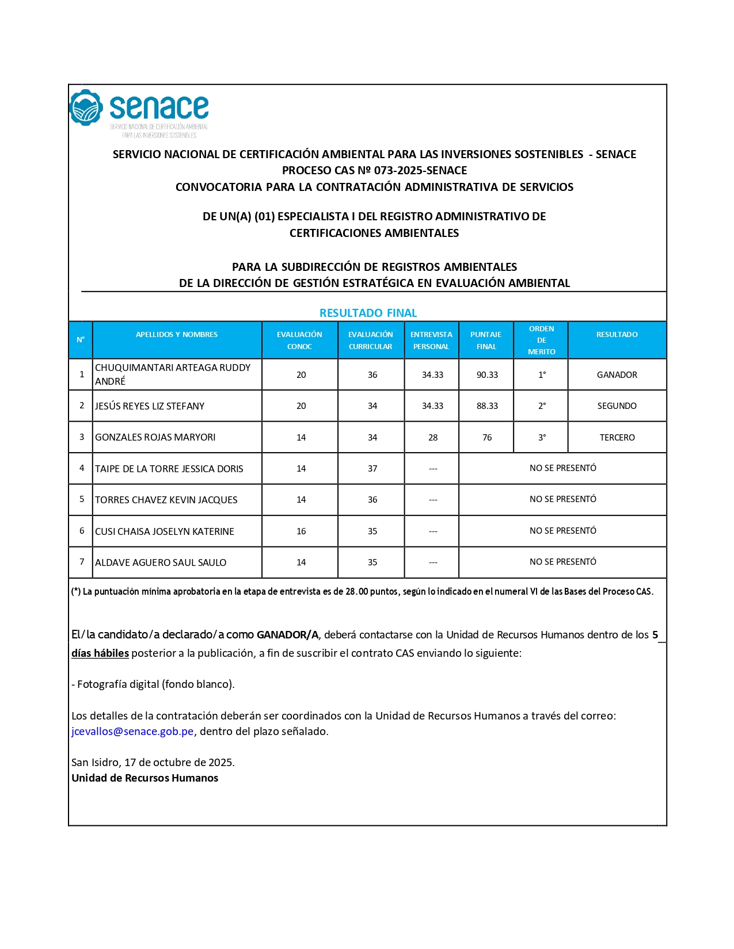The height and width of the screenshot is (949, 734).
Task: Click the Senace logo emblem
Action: coord(86,108)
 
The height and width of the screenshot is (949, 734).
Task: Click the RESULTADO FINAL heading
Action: coord(368,313)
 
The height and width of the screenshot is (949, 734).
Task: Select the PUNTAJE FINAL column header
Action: coord(486,340)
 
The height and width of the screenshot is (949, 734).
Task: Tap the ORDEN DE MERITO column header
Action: coord(542,340)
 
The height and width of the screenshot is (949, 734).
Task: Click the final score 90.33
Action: coord(487,375)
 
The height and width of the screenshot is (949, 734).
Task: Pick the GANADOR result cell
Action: coord(617,375)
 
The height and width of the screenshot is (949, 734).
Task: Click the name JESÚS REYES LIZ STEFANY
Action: coord(150,406)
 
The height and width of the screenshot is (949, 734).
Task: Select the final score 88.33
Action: coord(487,406)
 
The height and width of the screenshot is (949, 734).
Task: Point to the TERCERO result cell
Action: coord(617,438)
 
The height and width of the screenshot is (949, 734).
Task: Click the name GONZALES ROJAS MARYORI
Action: coord(155,438)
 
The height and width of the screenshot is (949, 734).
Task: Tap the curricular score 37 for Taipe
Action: coord(372,469)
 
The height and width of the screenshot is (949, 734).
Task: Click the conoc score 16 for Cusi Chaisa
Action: coord(301,531)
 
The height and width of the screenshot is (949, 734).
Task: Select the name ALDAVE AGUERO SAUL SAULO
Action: coord(161,562)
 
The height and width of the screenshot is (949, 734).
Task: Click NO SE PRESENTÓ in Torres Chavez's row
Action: coord(562,499)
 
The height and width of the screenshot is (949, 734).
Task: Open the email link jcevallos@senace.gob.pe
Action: coord(132,732)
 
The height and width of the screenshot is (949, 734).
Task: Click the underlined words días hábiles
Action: coord(100,653)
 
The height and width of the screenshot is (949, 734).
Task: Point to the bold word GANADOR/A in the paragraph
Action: coord(287,635)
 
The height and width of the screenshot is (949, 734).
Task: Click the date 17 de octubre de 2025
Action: coord(179,763)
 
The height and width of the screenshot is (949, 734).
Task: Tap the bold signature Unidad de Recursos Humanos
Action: coord(144,778)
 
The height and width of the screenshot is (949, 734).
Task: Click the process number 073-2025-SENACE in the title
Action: coord(420,170)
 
